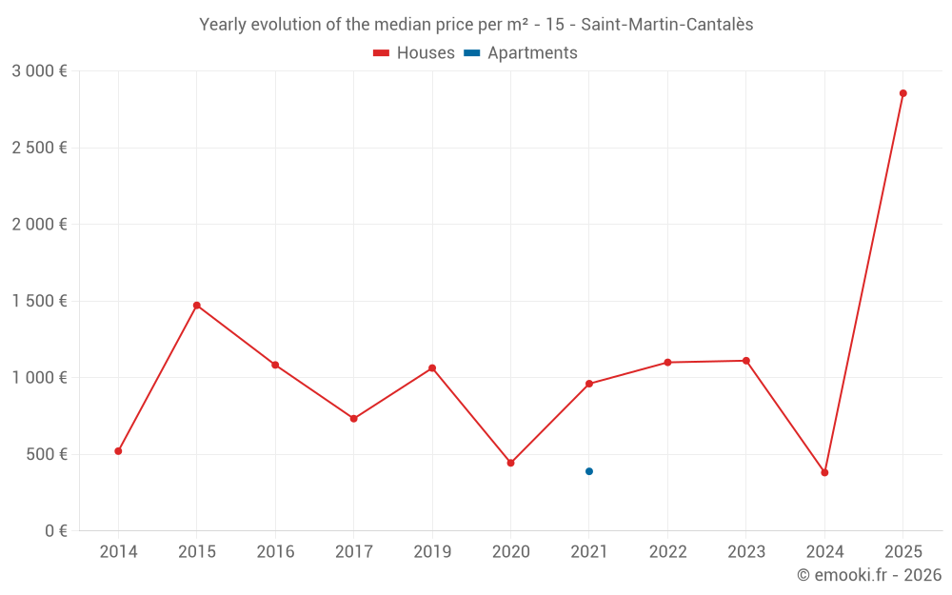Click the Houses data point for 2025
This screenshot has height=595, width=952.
click(902, 93)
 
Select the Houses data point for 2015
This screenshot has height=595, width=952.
click(197, 306)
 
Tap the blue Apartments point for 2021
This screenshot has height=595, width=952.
click(589, 471)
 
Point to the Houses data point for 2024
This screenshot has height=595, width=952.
click(824, 472)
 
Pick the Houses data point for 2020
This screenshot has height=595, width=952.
click(510, 463)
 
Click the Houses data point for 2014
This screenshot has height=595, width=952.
click(118, 450)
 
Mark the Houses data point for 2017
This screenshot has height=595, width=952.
click(354, 418)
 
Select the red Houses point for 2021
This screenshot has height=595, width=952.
click(589, 384)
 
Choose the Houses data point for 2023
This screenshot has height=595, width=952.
click(746, 361)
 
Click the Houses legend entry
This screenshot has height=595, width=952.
click(414, 53)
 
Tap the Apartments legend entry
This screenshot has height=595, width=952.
click(521, 53)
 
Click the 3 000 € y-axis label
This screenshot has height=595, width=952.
click(40, 71)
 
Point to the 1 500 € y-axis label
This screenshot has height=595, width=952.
click(40, 301)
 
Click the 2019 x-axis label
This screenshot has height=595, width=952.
click(432, 552)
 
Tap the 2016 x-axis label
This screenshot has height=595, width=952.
click(275, 552)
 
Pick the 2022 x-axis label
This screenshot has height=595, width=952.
click(667, 552)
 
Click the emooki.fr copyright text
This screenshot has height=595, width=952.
click(868, 575)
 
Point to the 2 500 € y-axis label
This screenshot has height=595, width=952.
click(40, 148)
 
